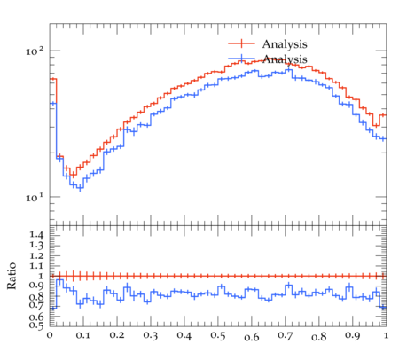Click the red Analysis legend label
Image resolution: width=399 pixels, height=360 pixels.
pos(285,44)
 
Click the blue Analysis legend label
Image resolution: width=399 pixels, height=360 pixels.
pos(285,59)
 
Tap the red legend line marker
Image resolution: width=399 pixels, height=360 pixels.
pos(241,43)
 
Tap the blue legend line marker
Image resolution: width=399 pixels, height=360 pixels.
pos(241,59)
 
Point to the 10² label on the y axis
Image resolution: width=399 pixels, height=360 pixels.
pos(35,51)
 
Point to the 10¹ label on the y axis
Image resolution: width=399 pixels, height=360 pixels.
pos(35,197)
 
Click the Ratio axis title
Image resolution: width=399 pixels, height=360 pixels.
pos(12,276)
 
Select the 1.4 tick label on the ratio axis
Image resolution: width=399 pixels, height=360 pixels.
pos(36,235)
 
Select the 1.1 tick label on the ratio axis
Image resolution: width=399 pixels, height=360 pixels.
pos(36,266)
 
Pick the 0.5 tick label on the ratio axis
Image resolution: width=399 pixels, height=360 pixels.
pos(36,325)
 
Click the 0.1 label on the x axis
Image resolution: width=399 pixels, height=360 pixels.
pos(83,335)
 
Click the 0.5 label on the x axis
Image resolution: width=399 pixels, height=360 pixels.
pos(218,335)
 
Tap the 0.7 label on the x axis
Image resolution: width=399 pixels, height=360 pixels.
pos(286,335)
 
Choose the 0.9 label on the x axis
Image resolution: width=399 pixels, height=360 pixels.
pos(353,335)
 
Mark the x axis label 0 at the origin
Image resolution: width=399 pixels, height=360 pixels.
pos(50,335)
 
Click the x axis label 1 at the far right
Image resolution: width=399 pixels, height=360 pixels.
pos(386,335)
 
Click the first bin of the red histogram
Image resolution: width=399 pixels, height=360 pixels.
pos(53,79)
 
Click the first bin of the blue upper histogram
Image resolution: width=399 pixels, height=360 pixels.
pos(53,103)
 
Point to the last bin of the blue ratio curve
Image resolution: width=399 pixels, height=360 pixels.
pos(383,308)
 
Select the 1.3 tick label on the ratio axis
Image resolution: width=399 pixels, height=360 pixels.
pos(36,246)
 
